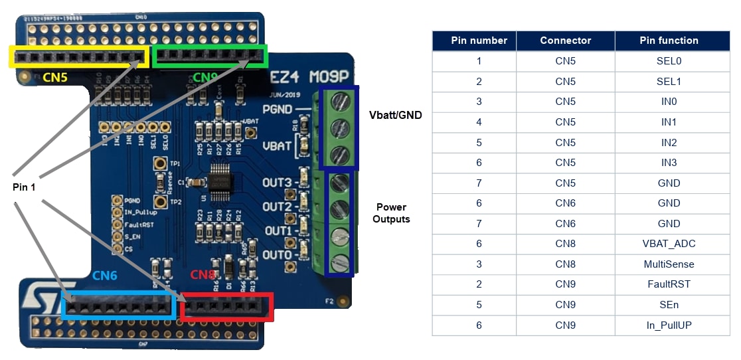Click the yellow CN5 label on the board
[54, 77]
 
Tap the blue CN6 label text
[105, 275]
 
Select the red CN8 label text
[203, 275]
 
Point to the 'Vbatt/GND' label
[395, 115]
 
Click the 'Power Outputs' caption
[391, 213]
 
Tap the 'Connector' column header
[565, 41]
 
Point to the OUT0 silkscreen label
[277, 254]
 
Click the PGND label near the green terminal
[277, 108]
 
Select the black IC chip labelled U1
[220, 181]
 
